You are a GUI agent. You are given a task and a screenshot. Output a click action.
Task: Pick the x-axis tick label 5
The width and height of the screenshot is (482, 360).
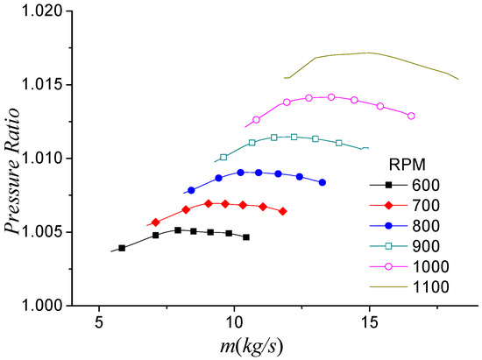[x=99, y=321]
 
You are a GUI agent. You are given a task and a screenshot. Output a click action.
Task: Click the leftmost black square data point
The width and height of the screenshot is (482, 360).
[x=122, y=248]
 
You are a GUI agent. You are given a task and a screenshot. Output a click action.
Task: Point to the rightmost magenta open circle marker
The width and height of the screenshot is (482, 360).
[x=411, y=116]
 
